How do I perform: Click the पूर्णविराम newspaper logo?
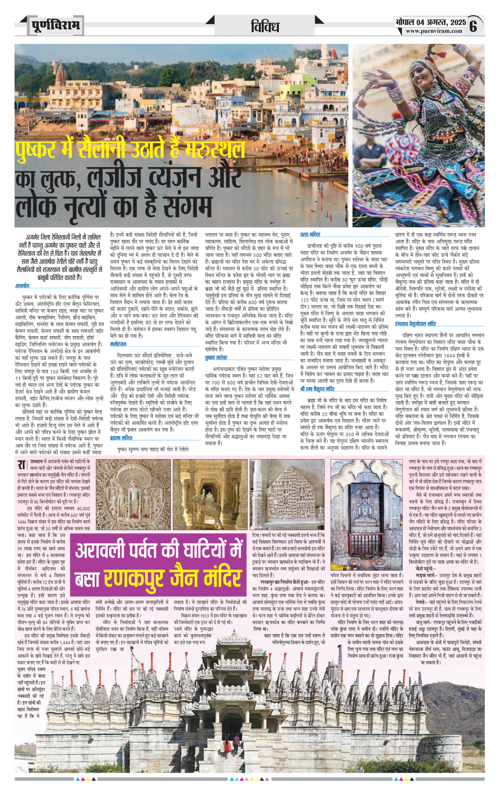point(56,25)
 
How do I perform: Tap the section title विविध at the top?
point(265,26)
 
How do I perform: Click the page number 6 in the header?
point(473,26)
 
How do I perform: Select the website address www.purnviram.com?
point(434,31)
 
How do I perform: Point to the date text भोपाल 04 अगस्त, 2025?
point(430,22)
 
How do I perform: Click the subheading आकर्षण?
point(22,285)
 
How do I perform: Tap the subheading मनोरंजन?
point(118,344)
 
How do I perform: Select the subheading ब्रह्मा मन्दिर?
point(121,438)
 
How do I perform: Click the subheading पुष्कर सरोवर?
point(216,357)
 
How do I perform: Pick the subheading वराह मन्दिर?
point(310,235)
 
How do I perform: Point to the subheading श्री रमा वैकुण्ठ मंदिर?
point(317,389)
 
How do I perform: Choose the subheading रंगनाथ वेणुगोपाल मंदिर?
point(415,324)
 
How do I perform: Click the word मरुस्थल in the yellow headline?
point(215,149)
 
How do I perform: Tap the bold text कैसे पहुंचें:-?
point(426,569)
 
